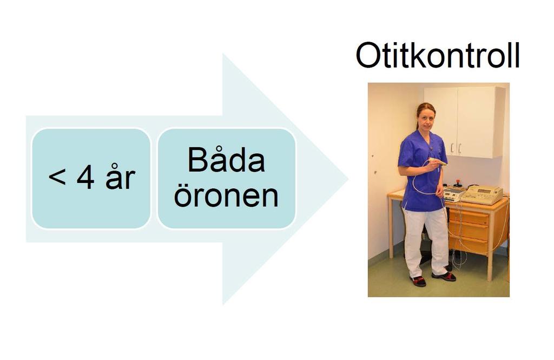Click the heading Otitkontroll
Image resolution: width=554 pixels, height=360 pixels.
click(x=437, y=56)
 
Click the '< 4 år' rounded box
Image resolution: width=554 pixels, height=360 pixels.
click(x=91, y=178)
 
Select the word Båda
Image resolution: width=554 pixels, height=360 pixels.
click(x=226, y=160)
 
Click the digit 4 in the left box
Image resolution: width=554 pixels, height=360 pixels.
click(x=85, y=178)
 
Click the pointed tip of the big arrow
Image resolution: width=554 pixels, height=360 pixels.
click(x=348, y=179)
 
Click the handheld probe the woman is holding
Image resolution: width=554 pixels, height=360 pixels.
click(x=437, y=162)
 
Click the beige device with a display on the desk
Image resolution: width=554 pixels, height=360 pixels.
click(x=482, y=194)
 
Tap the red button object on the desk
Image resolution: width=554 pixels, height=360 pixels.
click(x=458, y=183)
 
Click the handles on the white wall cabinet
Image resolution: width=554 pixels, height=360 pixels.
click(x=456, y=148)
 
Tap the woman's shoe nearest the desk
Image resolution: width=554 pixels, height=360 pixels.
click(x=445, y=276)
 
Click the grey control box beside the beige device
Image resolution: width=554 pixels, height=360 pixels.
click(x=453, y=194)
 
